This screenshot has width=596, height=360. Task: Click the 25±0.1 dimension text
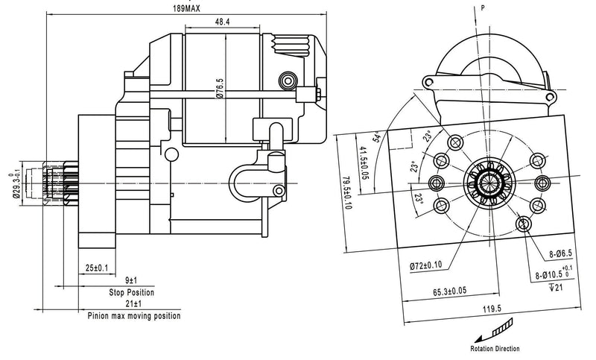[98, 267]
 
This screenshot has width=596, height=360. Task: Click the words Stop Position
[131, 292]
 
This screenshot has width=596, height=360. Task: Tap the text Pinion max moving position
[134, 316]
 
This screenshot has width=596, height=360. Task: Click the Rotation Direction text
[495, 348]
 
